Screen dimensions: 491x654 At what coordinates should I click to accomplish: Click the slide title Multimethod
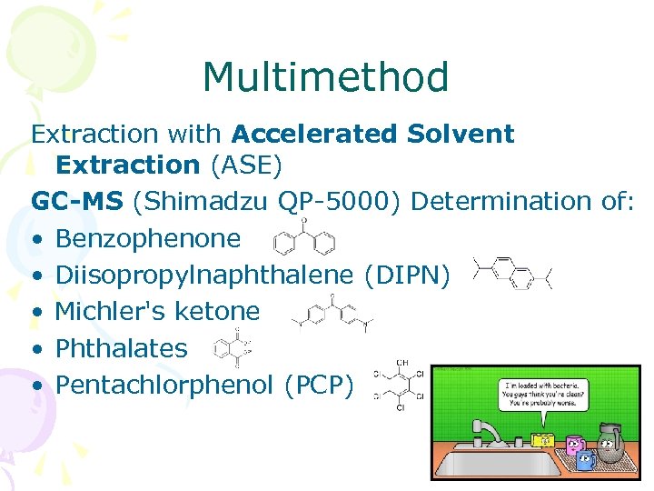[x=326, y=77]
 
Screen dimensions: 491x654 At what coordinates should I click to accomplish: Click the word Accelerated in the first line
[x=322, y=135]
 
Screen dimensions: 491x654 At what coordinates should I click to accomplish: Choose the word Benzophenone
[x=148, y=239]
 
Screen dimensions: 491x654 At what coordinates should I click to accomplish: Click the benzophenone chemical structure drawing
[x=304, y=238]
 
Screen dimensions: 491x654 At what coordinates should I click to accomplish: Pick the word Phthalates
[x=121, y=347]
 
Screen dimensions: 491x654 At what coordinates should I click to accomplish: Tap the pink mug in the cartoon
[x=574, y=446]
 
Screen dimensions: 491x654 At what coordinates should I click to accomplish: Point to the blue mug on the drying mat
[x=586, y=458]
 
